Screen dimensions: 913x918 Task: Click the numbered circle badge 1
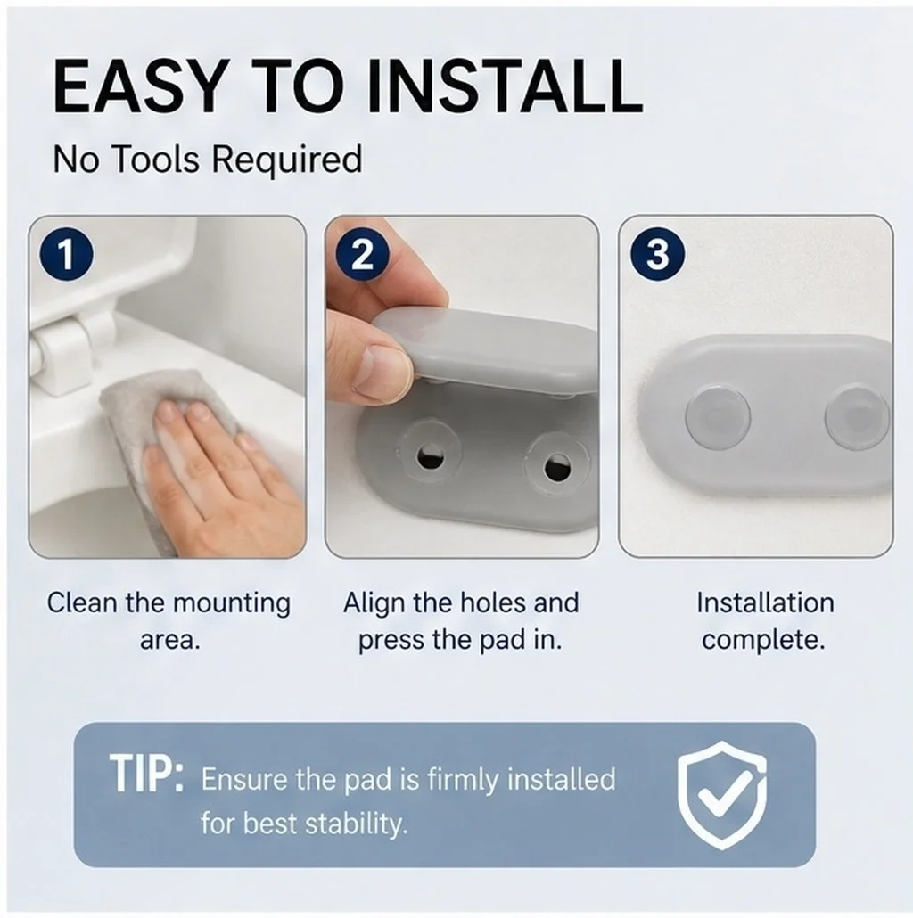[x=66, y=255]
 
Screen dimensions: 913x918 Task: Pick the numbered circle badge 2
[x=363, y=255]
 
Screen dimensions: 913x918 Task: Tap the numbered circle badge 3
[x=657, y=255]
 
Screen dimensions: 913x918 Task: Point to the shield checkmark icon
[x=721, y=794]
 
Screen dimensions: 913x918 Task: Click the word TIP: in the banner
[x=146, y=774]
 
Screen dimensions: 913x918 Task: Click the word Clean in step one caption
[x=82, y=602]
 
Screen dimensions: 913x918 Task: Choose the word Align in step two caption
[x=373, y=603]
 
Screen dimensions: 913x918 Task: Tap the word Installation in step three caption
[x=765, y=602]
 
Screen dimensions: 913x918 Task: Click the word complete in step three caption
[x=760, y=641]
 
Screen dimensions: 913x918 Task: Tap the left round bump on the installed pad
[x=717, y=414]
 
